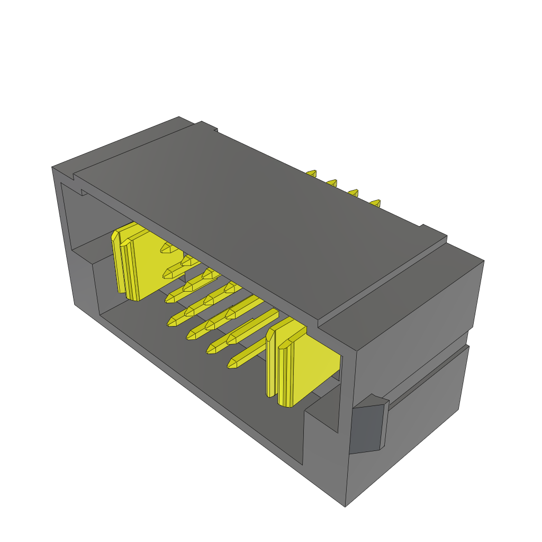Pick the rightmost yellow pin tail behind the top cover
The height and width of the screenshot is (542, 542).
coord(375,203)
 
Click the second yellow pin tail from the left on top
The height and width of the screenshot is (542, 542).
coord(332,183)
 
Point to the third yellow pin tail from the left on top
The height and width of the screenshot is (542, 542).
coord(353,193)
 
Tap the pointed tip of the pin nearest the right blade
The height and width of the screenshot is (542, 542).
coord(231,364)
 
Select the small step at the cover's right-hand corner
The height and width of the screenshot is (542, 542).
coord(434,233)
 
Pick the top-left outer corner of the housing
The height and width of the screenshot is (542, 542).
coord(52,168)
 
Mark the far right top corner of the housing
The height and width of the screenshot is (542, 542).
coord(483,261)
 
